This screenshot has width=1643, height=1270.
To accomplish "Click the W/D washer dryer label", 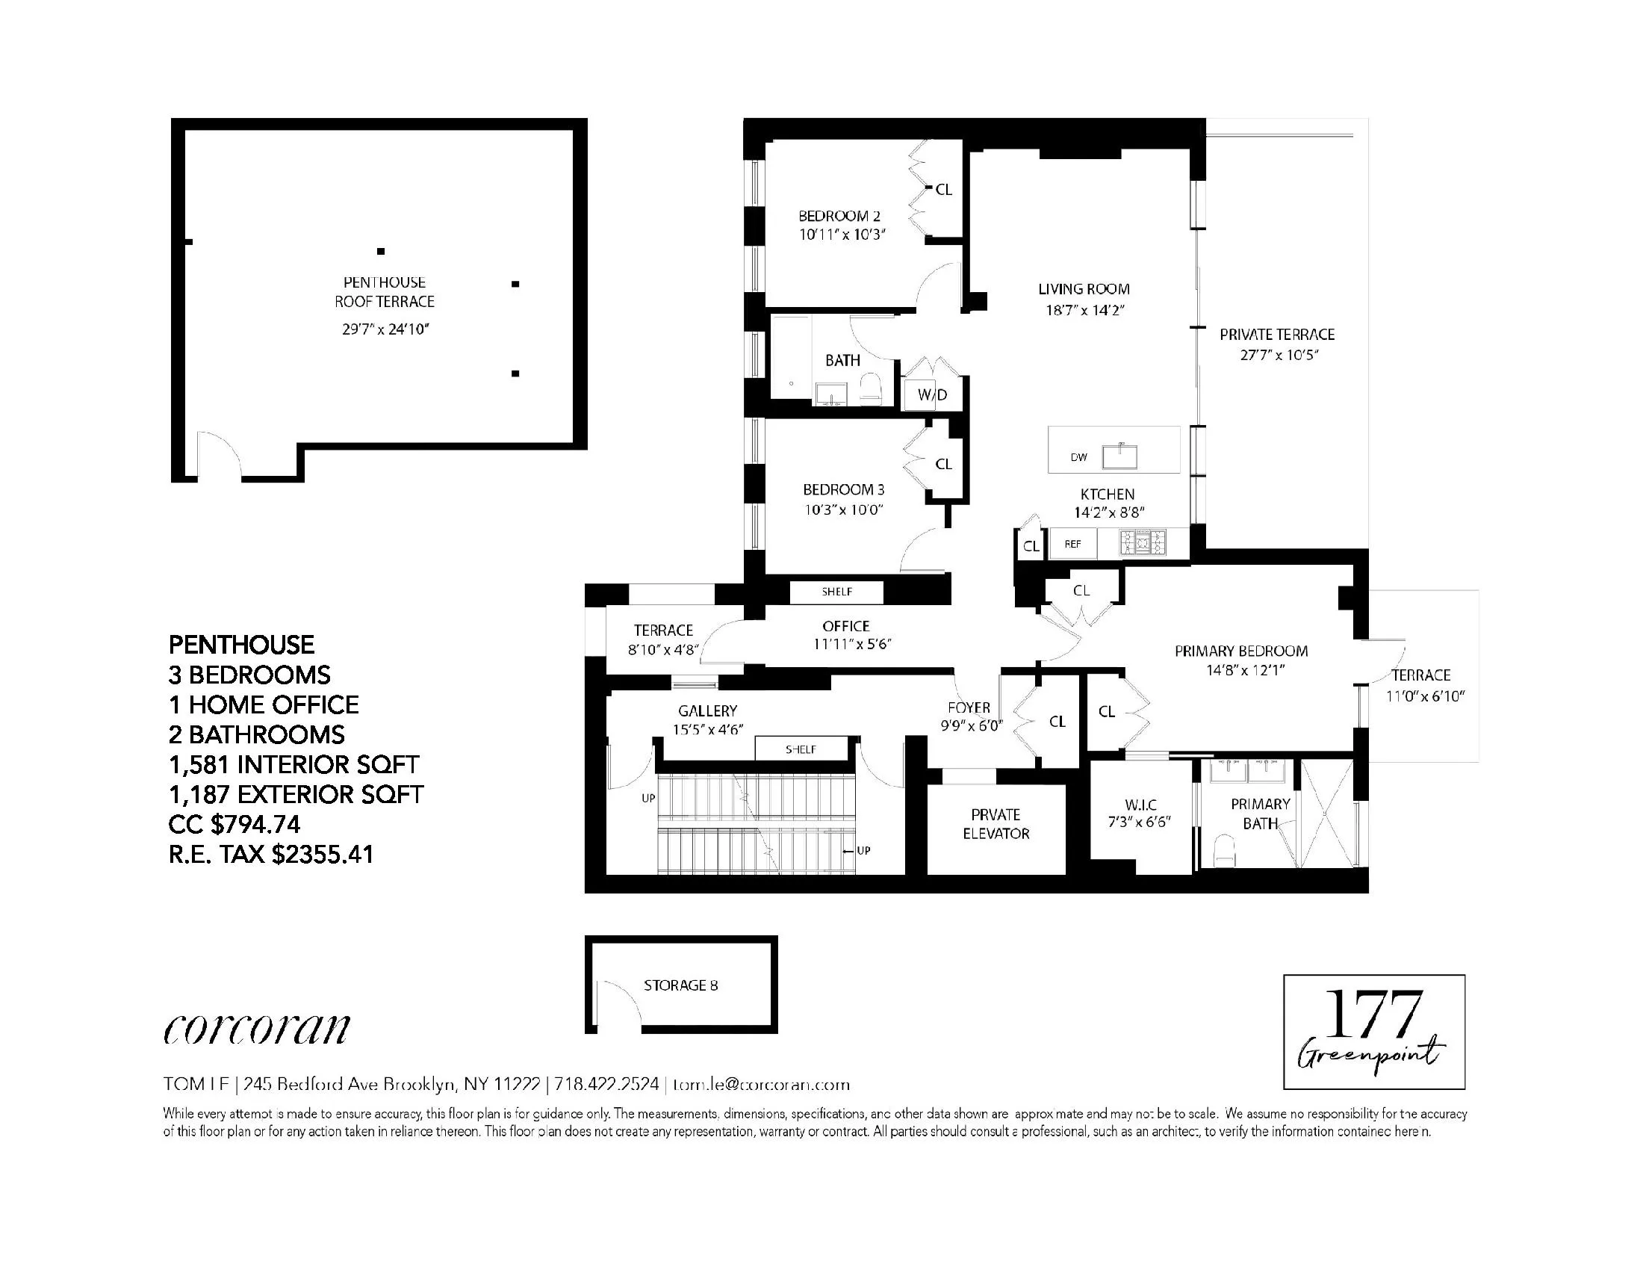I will [932, 394].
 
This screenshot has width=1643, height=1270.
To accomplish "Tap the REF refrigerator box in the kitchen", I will [1072, 544].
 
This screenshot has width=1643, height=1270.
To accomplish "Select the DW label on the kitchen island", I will [1079, 456].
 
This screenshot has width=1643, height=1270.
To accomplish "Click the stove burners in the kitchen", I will [1143, 542].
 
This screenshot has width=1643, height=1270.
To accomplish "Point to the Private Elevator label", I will [996, 824].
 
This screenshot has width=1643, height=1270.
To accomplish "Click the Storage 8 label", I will [681, 985].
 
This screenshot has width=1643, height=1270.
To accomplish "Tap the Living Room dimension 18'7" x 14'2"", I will [1084, 310].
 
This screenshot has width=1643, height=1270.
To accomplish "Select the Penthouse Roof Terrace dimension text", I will [385, 329].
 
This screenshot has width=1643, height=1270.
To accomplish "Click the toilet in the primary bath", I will [1226, 852].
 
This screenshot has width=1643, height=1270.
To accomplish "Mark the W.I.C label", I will [1140, 805].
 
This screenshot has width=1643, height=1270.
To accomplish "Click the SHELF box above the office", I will [836, 592].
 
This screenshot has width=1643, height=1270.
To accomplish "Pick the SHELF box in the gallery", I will [801, 749].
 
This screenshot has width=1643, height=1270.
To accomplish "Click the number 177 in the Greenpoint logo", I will [1372, 1015].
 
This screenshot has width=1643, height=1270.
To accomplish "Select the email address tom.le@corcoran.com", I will [761, 1084].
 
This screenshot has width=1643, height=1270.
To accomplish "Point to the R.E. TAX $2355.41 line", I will [271, 855].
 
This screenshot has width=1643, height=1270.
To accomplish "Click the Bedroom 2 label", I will [839, 216].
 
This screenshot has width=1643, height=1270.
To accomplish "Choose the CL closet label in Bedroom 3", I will [943, 464].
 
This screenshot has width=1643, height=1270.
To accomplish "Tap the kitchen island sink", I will [1119, 456].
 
